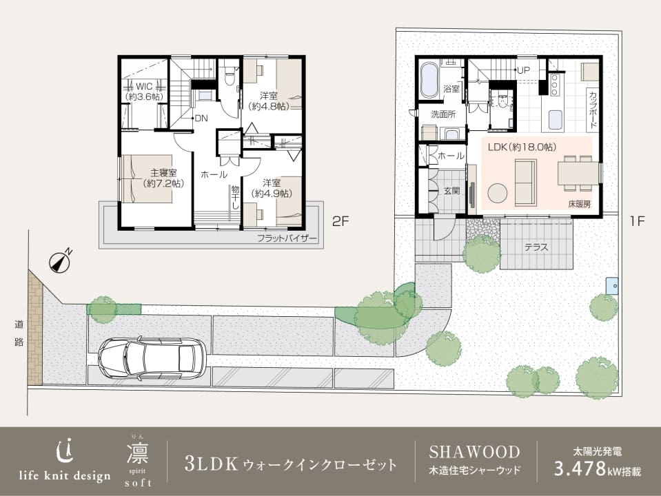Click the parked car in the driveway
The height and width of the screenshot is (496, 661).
(x=152, y=358)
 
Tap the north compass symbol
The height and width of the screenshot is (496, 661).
(x=60, y=261)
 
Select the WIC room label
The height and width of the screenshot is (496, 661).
(x=144, y=91)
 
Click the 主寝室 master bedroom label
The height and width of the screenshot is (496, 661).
(x=163, y=178)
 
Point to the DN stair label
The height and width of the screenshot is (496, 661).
(x=201, y=118)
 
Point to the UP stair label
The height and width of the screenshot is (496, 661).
(x=523, y=70)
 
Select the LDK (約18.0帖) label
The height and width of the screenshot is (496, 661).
(x=522, y=147)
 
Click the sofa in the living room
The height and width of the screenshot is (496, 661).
(x=526, y=183)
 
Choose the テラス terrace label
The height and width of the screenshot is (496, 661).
(x=536, y=247)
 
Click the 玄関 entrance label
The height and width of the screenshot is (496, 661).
(x=451, y=191)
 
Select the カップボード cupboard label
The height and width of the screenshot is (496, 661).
(x=592, y=110)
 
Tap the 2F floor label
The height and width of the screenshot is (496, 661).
(x=340, y=221)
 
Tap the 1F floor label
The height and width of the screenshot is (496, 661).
(x=638, y=221)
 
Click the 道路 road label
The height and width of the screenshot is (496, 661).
(x=19, y=333)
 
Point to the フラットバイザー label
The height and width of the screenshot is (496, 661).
(x=287, y=239)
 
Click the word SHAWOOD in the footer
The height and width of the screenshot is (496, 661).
(x=474, y=452)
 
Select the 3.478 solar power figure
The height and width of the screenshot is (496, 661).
(x=579, y=469)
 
